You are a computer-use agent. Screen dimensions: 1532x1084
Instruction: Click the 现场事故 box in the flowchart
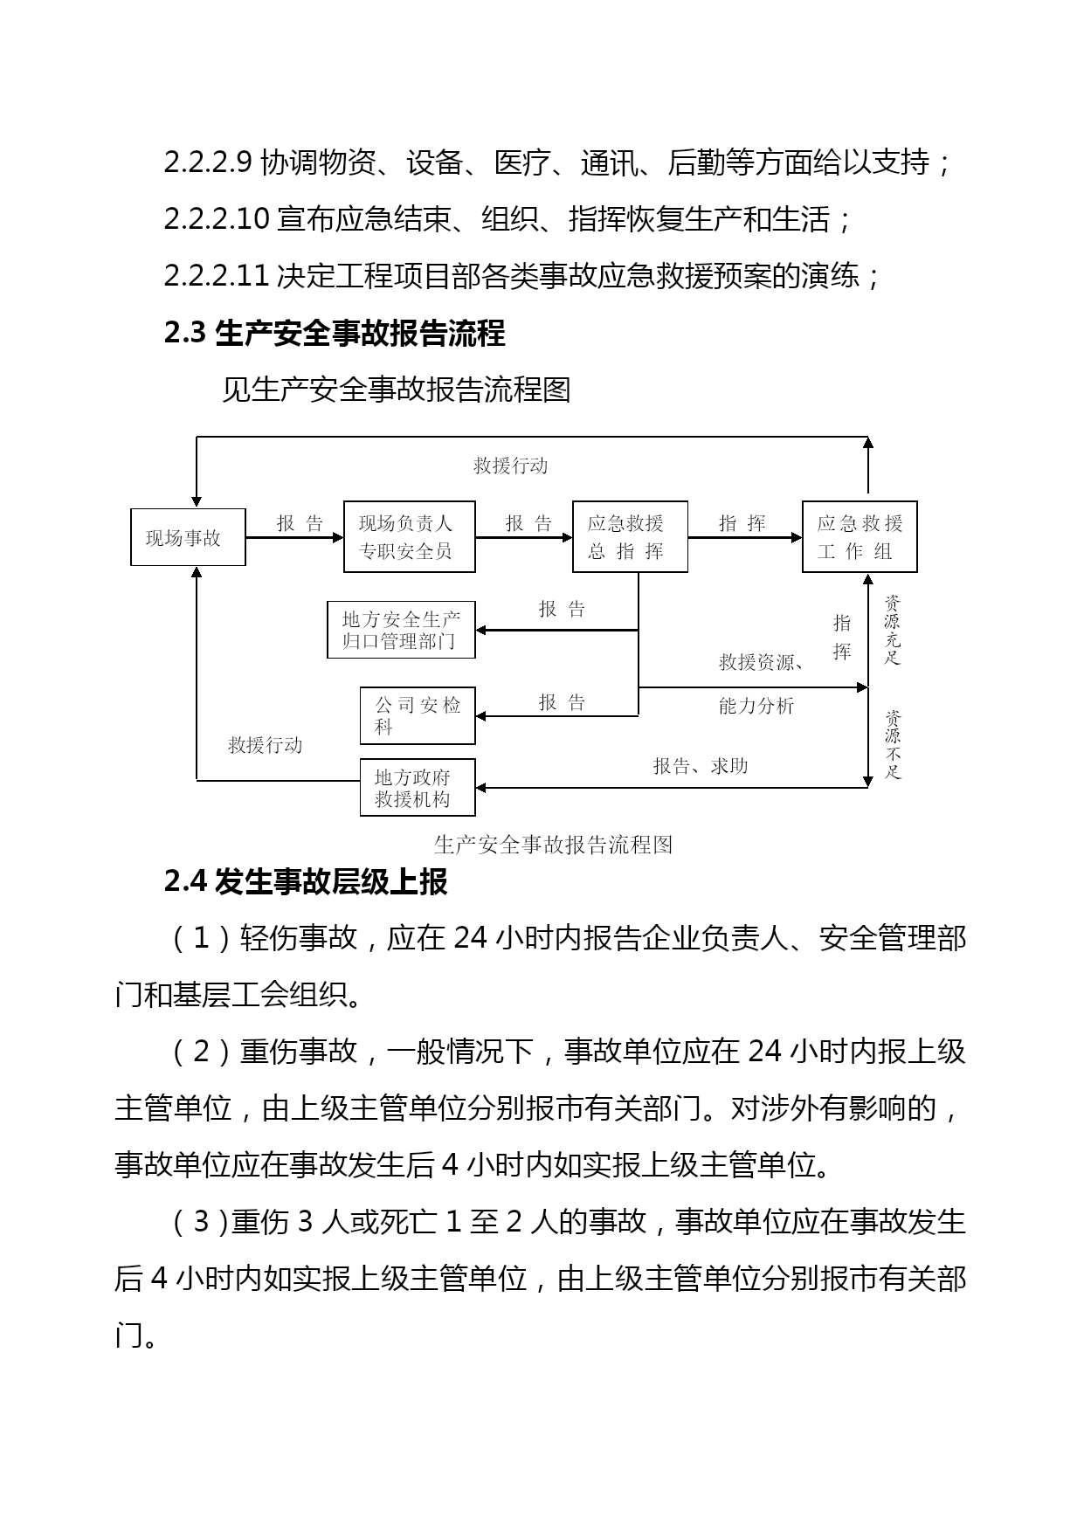click(188, 537)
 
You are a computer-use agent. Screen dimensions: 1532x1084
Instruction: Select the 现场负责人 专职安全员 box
click(409, 536)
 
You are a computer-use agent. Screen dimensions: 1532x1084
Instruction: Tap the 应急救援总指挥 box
click(630, 536)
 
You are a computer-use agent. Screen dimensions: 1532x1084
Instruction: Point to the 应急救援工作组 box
click(860, 536)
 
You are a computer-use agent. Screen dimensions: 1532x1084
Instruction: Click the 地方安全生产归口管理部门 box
click(401, 630)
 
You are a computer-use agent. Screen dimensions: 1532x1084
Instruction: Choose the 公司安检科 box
click(418, 715)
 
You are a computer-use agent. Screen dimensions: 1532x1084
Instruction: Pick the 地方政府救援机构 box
click(418, 787)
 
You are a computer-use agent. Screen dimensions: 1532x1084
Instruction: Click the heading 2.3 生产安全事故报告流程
click(335, 333)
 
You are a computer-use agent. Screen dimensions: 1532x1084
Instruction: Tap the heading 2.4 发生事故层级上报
click(306, 882)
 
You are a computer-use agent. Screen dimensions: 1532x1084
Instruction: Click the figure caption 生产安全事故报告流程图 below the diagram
click(553, 845)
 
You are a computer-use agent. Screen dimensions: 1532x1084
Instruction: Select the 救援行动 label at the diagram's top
click(510, 466)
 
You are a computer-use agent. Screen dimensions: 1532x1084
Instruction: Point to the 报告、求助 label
click(701, 766)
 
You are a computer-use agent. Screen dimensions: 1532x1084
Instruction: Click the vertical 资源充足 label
click(892, 630)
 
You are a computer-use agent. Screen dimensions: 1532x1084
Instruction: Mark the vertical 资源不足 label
click(892, 744)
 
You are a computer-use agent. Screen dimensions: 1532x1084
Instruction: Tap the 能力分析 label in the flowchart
click(756, 706)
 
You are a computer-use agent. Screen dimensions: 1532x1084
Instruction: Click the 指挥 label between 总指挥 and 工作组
click(742, 523)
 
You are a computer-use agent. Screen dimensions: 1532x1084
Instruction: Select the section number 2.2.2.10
click(216, 219)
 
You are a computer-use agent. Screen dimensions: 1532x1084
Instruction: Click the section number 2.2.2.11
click(216, 276)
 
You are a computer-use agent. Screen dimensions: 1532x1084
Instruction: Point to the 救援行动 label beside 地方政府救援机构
click(265, 745)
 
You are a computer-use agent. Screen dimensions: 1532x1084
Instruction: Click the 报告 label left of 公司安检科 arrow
click(562, 703)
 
